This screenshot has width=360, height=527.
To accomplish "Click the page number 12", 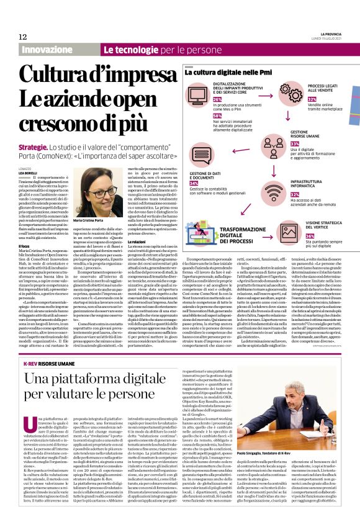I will (x=22, y=37).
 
